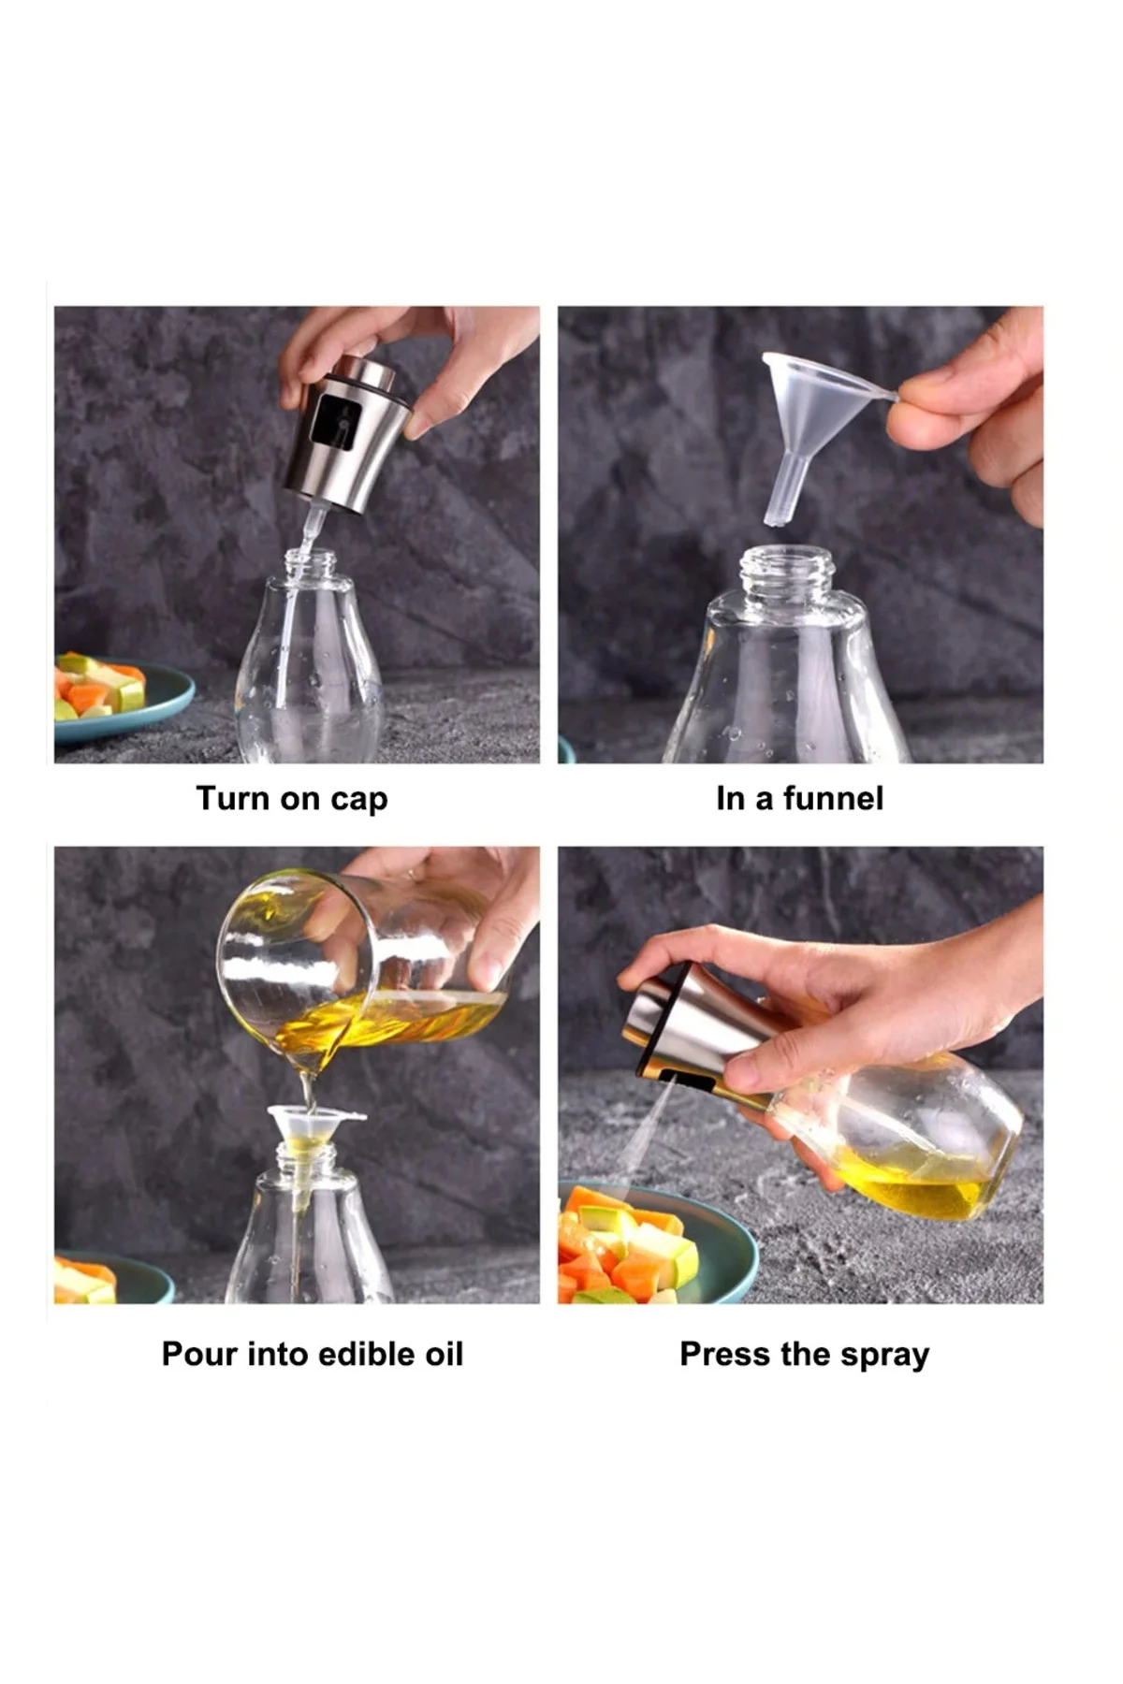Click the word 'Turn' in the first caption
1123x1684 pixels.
coord(231,798)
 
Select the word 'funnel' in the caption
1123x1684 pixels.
coord(832,798)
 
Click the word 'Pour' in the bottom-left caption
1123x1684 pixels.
coord(199,1354)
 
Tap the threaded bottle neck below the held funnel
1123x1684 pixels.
coord(785,573)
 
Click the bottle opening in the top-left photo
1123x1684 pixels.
coord(310,561)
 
